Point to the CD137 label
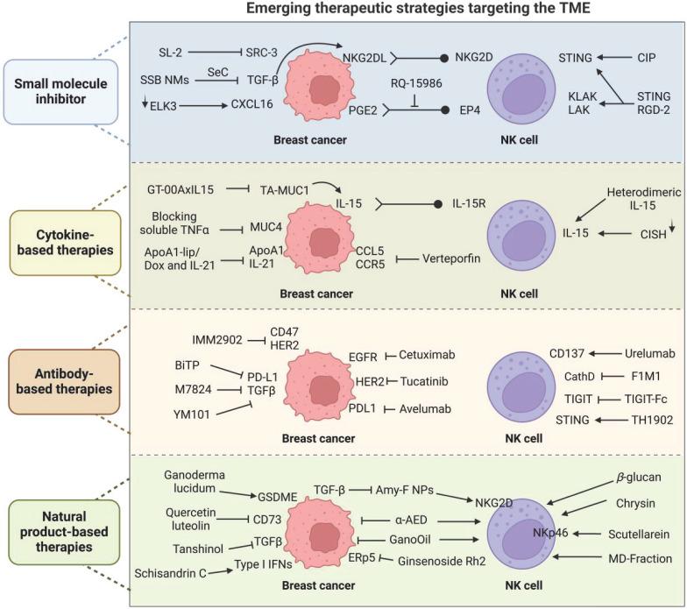tap(562, 354)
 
